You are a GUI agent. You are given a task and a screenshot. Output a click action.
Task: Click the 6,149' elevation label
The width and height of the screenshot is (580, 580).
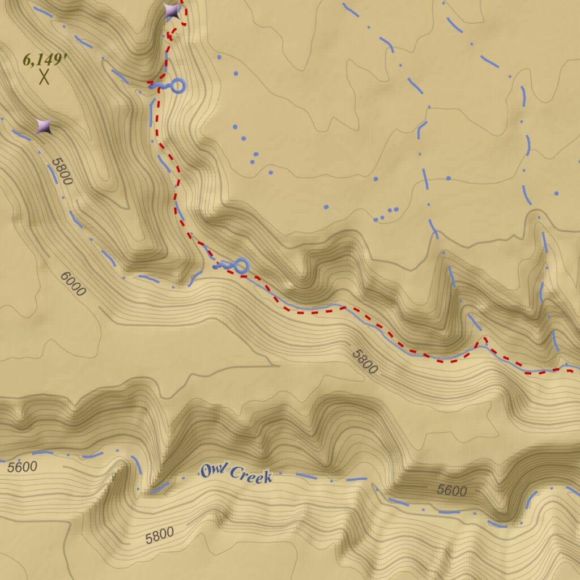pos(42,59)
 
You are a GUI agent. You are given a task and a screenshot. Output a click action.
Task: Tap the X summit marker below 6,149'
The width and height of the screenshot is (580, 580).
pos(44,76)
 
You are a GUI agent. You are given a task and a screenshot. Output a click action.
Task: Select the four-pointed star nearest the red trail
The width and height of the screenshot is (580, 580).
pos(172,11)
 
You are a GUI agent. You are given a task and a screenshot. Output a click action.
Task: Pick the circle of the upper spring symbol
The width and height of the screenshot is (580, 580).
pos(178,86)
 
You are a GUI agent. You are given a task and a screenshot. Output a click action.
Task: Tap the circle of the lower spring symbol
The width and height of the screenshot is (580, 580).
pos(241,266)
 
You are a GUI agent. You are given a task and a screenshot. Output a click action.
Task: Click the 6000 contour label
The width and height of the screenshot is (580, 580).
pos(73,284)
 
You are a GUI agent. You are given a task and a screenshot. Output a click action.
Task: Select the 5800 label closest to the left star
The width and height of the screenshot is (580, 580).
pos(62,171)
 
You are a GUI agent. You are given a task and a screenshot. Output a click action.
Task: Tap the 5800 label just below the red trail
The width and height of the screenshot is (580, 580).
pos(364,361)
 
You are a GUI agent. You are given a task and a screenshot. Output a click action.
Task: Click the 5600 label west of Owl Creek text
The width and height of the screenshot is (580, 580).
pos(22,467)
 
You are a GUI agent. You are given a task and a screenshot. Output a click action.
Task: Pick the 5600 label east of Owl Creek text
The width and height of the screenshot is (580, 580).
pos(451,491)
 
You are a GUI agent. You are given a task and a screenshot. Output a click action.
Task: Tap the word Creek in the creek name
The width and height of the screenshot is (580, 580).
pos(251,476)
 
